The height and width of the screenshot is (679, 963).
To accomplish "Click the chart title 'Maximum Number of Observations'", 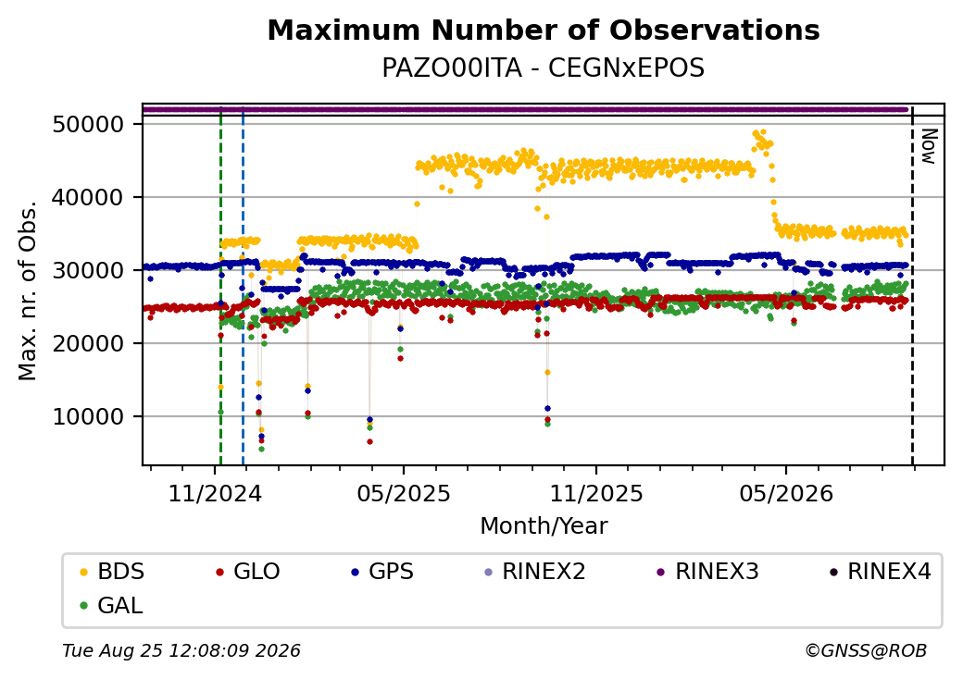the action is [544, 30].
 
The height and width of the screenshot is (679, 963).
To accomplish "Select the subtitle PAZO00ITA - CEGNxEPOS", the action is [543, 68].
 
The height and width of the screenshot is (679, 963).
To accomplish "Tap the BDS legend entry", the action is [112, 572].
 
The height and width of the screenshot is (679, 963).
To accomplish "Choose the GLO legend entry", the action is [247, 572].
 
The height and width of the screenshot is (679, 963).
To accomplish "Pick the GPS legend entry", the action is [382, 572].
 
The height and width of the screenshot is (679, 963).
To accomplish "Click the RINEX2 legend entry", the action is [534, 572].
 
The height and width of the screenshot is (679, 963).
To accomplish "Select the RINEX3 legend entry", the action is [707, 572].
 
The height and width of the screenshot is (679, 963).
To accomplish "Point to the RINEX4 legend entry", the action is [880, 572].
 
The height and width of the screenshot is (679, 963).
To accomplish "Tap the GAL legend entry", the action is [112, 605].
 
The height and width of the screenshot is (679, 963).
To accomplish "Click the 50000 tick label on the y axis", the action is [89, 125].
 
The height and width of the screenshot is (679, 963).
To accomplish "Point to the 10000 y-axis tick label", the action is [89, 417].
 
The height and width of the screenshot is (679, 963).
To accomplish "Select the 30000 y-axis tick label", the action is [89, 270].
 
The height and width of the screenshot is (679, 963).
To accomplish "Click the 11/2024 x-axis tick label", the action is [215, 494].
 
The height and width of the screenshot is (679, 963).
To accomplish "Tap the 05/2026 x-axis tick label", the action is [786, 494].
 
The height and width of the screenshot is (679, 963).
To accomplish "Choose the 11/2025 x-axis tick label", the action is [595, 494].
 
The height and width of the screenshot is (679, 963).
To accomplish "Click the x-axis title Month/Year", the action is [544, 526].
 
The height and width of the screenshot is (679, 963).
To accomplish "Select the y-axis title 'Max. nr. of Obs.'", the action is [28, 290].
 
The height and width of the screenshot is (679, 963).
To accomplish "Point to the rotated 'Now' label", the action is [930, 146].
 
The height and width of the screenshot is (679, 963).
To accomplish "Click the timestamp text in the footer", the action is [181, 650].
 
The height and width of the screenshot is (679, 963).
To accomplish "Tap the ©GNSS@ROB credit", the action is [866, 650].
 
